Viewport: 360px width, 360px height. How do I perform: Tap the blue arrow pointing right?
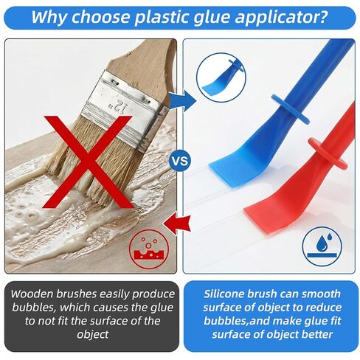179,99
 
